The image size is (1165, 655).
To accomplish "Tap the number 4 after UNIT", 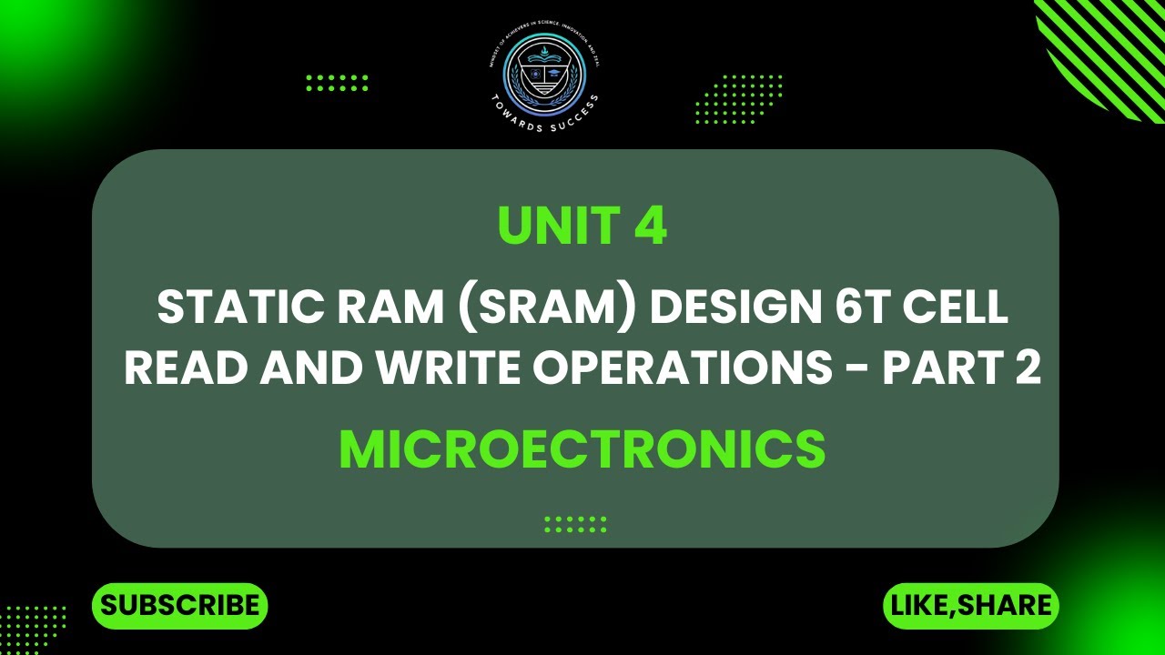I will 651,227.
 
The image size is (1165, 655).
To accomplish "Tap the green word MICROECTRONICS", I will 582,449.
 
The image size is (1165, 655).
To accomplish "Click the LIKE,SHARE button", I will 971,606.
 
